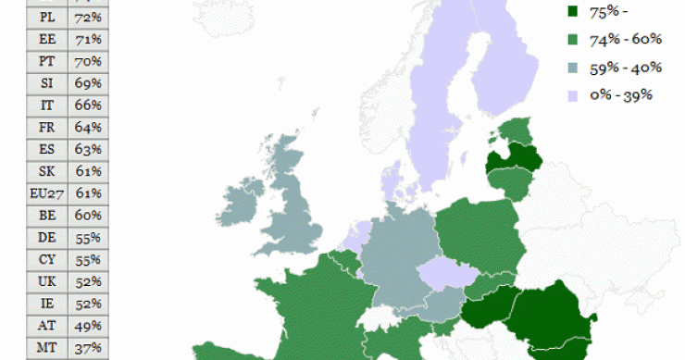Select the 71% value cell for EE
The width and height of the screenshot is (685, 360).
[x=88, y=39]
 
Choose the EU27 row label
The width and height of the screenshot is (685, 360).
[x=47, y=193]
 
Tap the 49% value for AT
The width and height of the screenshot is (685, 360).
[x=88, y=326]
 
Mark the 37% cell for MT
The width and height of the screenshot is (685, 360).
[x=88, y=348]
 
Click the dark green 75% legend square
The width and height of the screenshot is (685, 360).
[x=571, y=12]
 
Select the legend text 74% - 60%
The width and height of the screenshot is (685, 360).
[x=625, y=40]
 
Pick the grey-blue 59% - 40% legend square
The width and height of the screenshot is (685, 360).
[x=571, y=68]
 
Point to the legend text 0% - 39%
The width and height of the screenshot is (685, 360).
[x=622, y=94]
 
